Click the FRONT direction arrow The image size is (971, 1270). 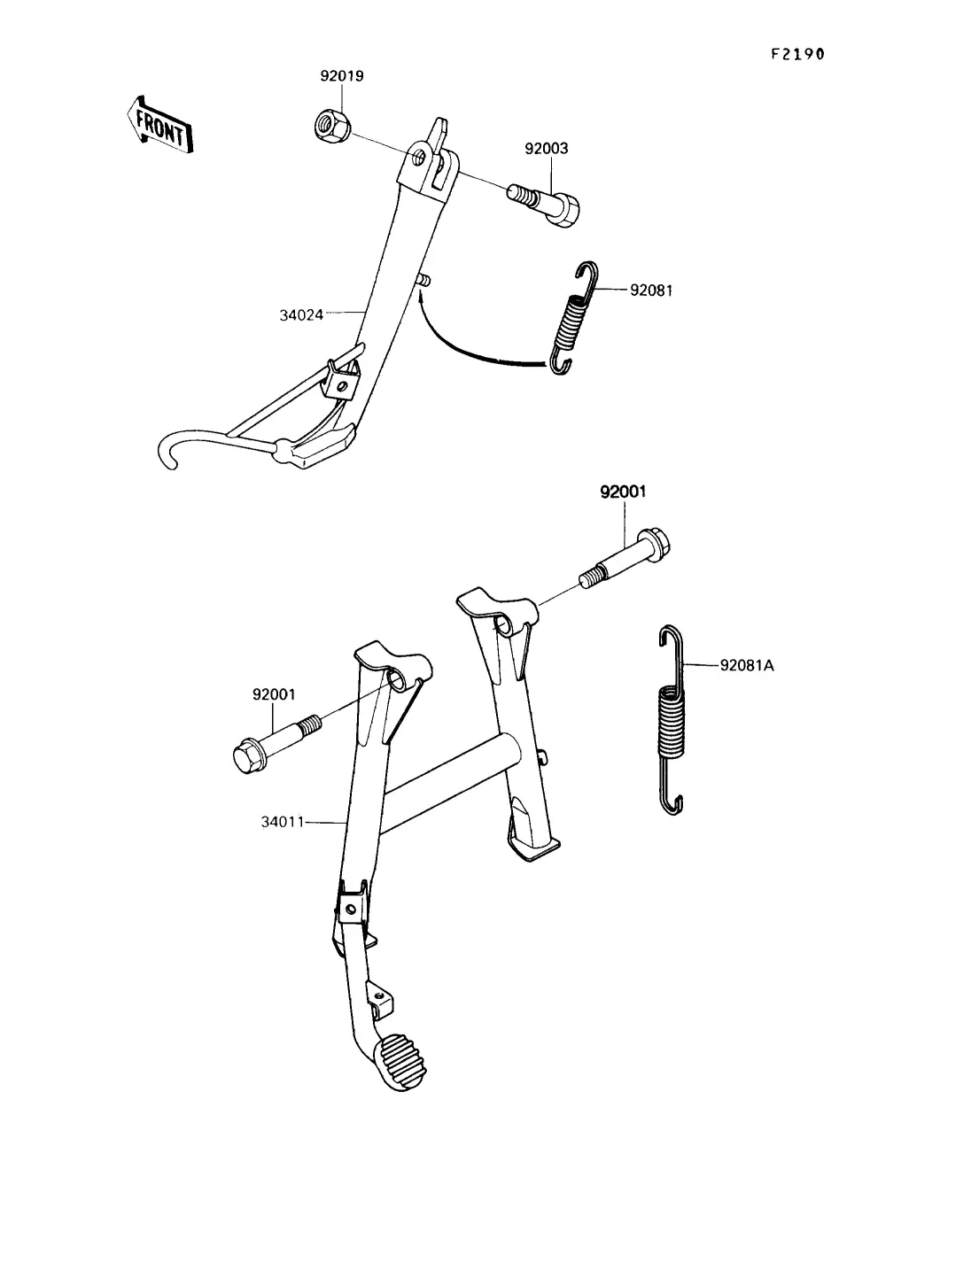pos(159,125)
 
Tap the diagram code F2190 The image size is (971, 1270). pos(797,54)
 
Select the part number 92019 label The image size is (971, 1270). pos(342,76)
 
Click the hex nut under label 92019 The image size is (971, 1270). pos(333,127)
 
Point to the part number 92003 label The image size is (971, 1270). pos(547,149)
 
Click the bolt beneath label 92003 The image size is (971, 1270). pos(544,205)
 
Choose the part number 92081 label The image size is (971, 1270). pos(651,290)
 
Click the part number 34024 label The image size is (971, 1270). pos(301,315)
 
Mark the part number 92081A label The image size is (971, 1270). pos(747,665)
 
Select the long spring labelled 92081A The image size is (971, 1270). pos(672,721)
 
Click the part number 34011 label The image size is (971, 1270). pos(283,822)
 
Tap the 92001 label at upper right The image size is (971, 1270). pos(623,492)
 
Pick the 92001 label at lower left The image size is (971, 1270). pos(274,694)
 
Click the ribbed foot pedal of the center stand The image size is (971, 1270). pos(401,1061)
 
